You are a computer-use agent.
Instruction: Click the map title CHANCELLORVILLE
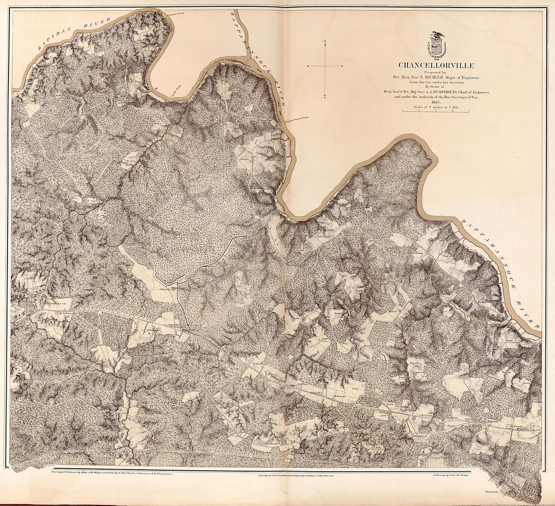click(436, 65)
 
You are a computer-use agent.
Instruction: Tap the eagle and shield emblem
click(436, 45)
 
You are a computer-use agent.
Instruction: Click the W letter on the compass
click(307, 67)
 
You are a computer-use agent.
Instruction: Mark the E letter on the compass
click(343, 67)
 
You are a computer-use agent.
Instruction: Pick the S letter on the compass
click(325, 97)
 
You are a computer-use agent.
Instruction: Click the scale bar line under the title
click(436, 110)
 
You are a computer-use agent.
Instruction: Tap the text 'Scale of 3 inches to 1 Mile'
click(436, 106)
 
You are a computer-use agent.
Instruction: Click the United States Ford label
click(297, 118)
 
